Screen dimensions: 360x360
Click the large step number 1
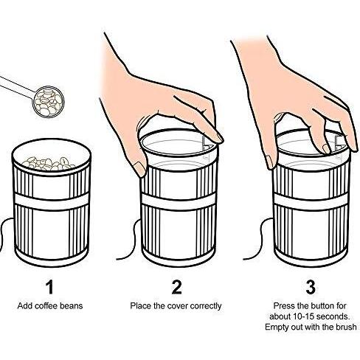[x=50, y=287]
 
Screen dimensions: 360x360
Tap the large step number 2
[x=176, y=287]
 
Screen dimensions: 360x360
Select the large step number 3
[x=311, y=287]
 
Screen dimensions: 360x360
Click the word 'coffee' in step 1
[x=46, y=306]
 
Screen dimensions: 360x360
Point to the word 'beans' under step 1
[x=72, y=306]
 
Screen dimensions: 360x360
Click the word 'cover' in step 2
[x=178, y=306]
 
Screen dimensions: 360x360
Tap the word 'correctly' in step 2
[x=206, y=306]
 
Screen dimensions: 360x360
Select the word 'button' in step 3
[x=322, y=306]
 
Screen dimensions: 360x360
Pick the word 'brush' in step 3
[x=346, y=327]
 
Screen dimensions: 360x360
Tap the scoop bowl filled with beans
[x=49, y=101]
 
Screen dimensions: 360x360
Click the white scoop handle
[x=17, y=86]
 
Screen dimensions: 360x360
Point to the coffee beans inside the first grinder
[x=49, y=164]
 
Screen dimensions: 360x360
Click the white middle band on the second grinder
[x=179, y=202]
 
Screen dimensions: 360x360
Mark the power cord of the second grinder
[x=132, y=239]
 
